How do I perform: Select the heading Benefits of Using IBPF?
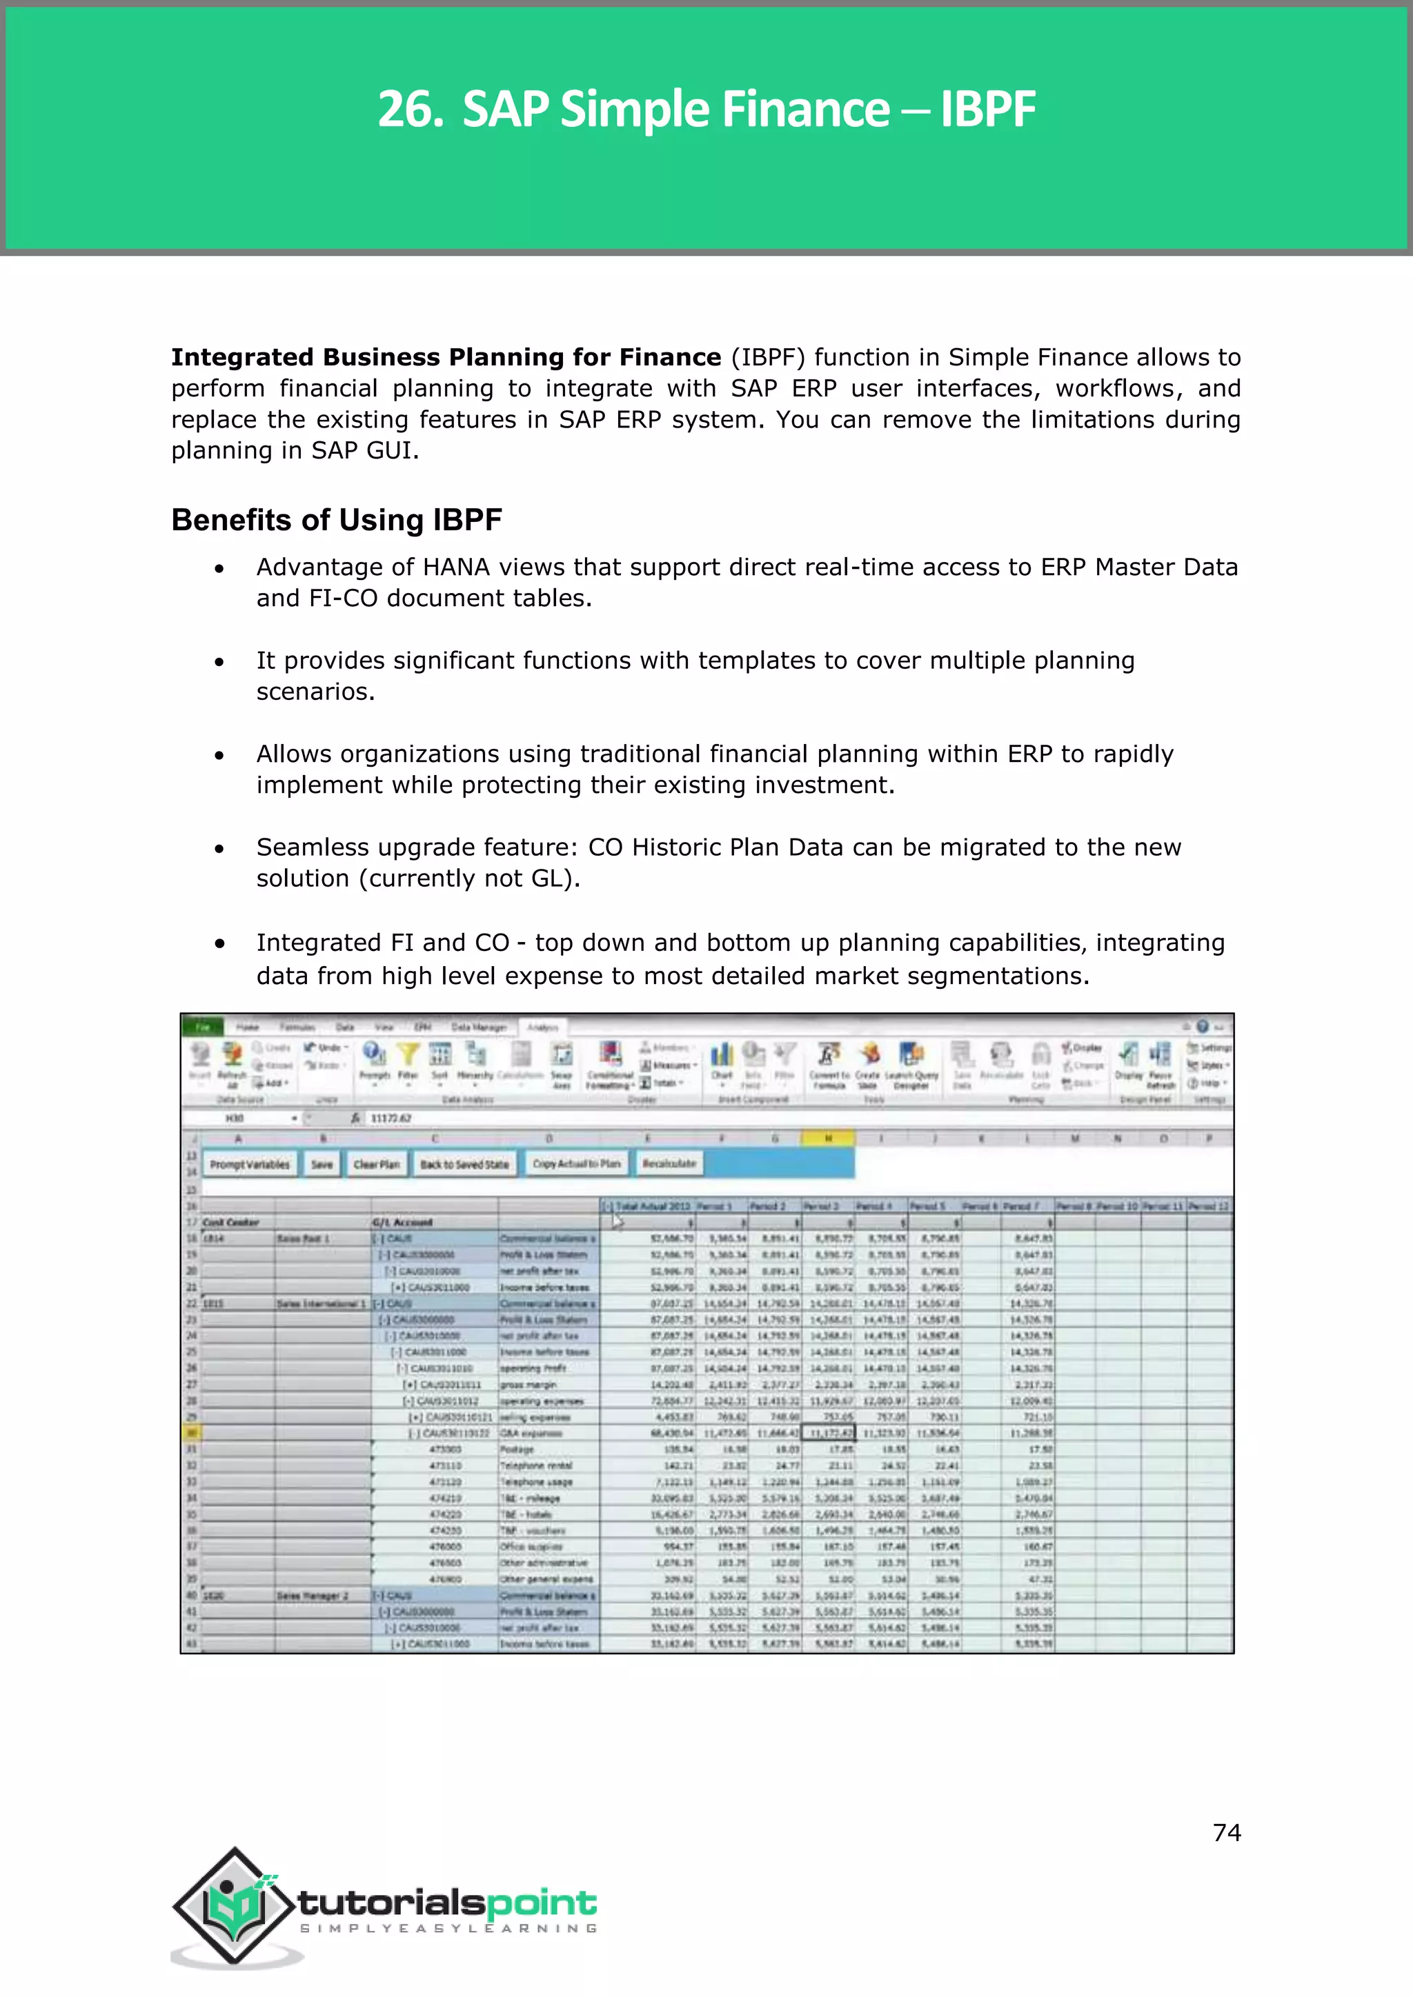pyautogui.click(x=336, y=520)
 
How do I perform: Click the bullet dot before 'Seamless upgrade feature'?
pyautogui.click(x=219, y=849)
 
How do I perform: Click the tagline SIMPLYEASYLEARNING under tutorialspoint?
pyautogui.click(x=448, y=1928)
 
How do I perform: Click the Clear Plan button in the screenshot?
pyautogui.click(x=376, y=1164)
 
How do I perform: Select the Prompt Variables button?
pyautogui.click(x=250, y=1164)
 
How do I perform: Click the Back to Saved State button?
pyautogui.click(x=464, y=1164)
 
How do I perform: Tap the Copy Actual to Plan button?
pyautogui.click(x=576, y=1164)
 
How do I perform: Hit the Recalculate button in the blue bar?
pyautogui.click(x=669, y=1164)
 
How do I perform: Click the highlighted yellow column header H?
pyautogui.click(x=827, y=1138)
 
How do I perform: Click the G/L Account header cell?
pyautogui.click(x=403, y=1222)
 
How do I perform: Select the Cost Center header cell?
pyautogui.click(x=230, y=1222)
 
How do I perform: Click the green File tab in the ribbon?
pyautogui.click(x=203, y=1027)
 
